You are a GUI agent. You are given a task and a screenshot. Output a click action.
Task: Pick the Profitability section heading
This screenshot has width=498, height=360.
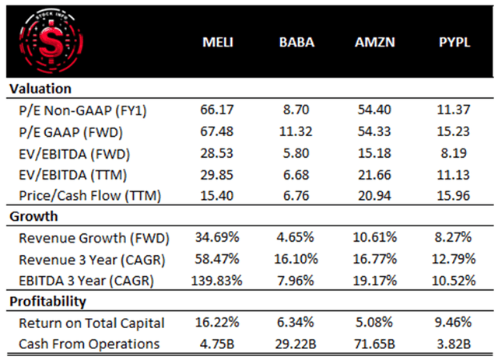(47, 300)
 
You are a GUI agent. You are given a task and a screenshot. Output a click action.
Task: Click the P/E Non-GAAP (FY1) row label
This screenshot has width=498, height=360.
(85, 110)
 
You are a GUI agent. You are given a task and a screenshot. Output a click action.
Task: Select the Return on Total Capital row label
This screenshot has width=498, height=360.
(92, 321)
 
